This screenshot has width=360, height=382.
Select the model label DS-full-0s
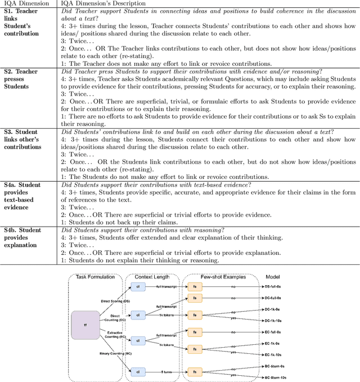(x=275, y=286)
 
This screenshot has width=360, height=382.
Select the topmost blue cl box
(x=138, y=287)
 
